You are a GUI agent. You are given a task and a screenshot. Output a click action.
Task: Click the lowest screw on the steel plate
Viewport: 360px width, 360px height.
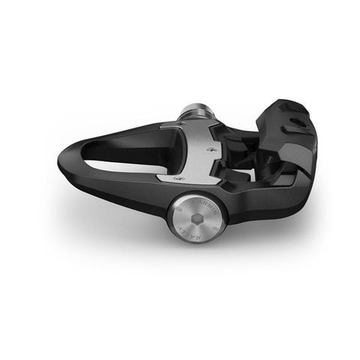pos(177,178)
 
